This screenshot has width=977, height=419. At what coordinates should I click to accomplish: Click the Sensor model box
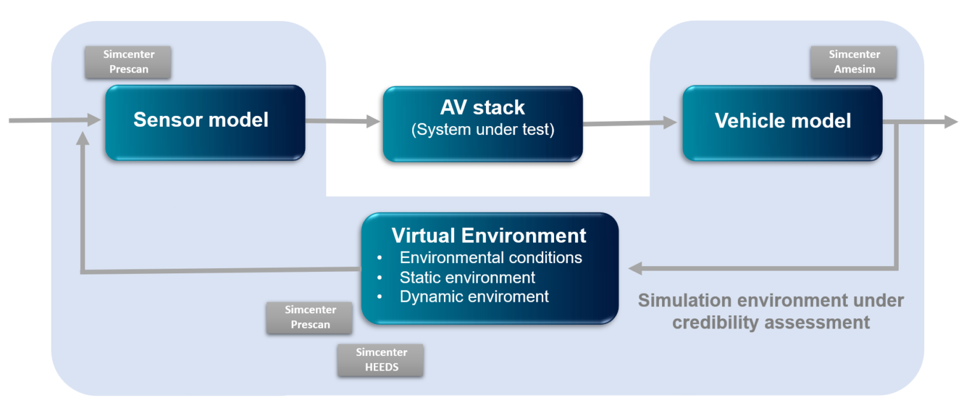click(204, 122)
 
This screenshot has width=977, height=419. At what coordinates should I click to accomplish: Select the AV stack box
click(482, 124)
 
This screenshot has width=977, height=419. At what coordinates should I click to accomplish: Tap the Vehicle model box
click(782, 122)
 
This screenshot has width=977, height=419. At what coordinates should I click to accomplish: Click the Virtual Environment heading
click(488, 236)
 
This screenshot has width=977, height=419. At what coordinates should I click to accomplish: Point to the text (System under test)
click(483, 130)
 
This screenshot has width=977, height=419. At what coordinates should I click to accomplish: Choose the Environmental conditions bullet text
click(490, 258)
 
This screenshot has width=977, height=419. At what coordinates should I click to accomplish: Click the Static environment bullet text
click(467, 278)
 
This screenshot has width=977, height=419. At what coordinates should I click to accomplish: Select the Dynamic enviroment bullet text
click(474, 297)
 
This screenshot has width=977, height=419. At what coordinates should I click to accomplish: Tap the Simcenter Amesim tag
click(854, 62)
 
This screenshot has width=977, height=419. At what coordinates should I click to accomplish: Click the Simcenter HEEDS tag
click(381, 360)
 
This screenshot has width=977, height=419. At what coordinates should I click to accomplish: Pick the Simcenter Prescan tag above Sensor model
click(128, 62)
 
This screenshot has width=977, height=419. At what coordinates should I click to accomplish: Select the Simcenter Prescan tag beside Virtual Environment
click(310, 317)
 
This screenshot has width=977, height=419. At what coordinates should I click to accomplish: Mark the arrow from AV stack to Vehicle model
click(630, 123)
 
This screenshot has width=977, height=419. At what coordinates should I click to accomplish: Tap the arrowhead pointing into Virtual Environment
click(635, 269)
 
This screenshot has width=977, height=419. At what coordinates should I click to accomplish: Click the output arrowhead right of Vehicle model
click(951, 122)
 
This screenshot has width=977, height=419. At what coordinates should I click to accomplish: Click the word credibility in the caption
click(717, 322)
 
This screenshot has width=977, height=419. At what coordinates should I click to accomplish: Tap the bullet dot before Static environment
click(380, 278)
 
